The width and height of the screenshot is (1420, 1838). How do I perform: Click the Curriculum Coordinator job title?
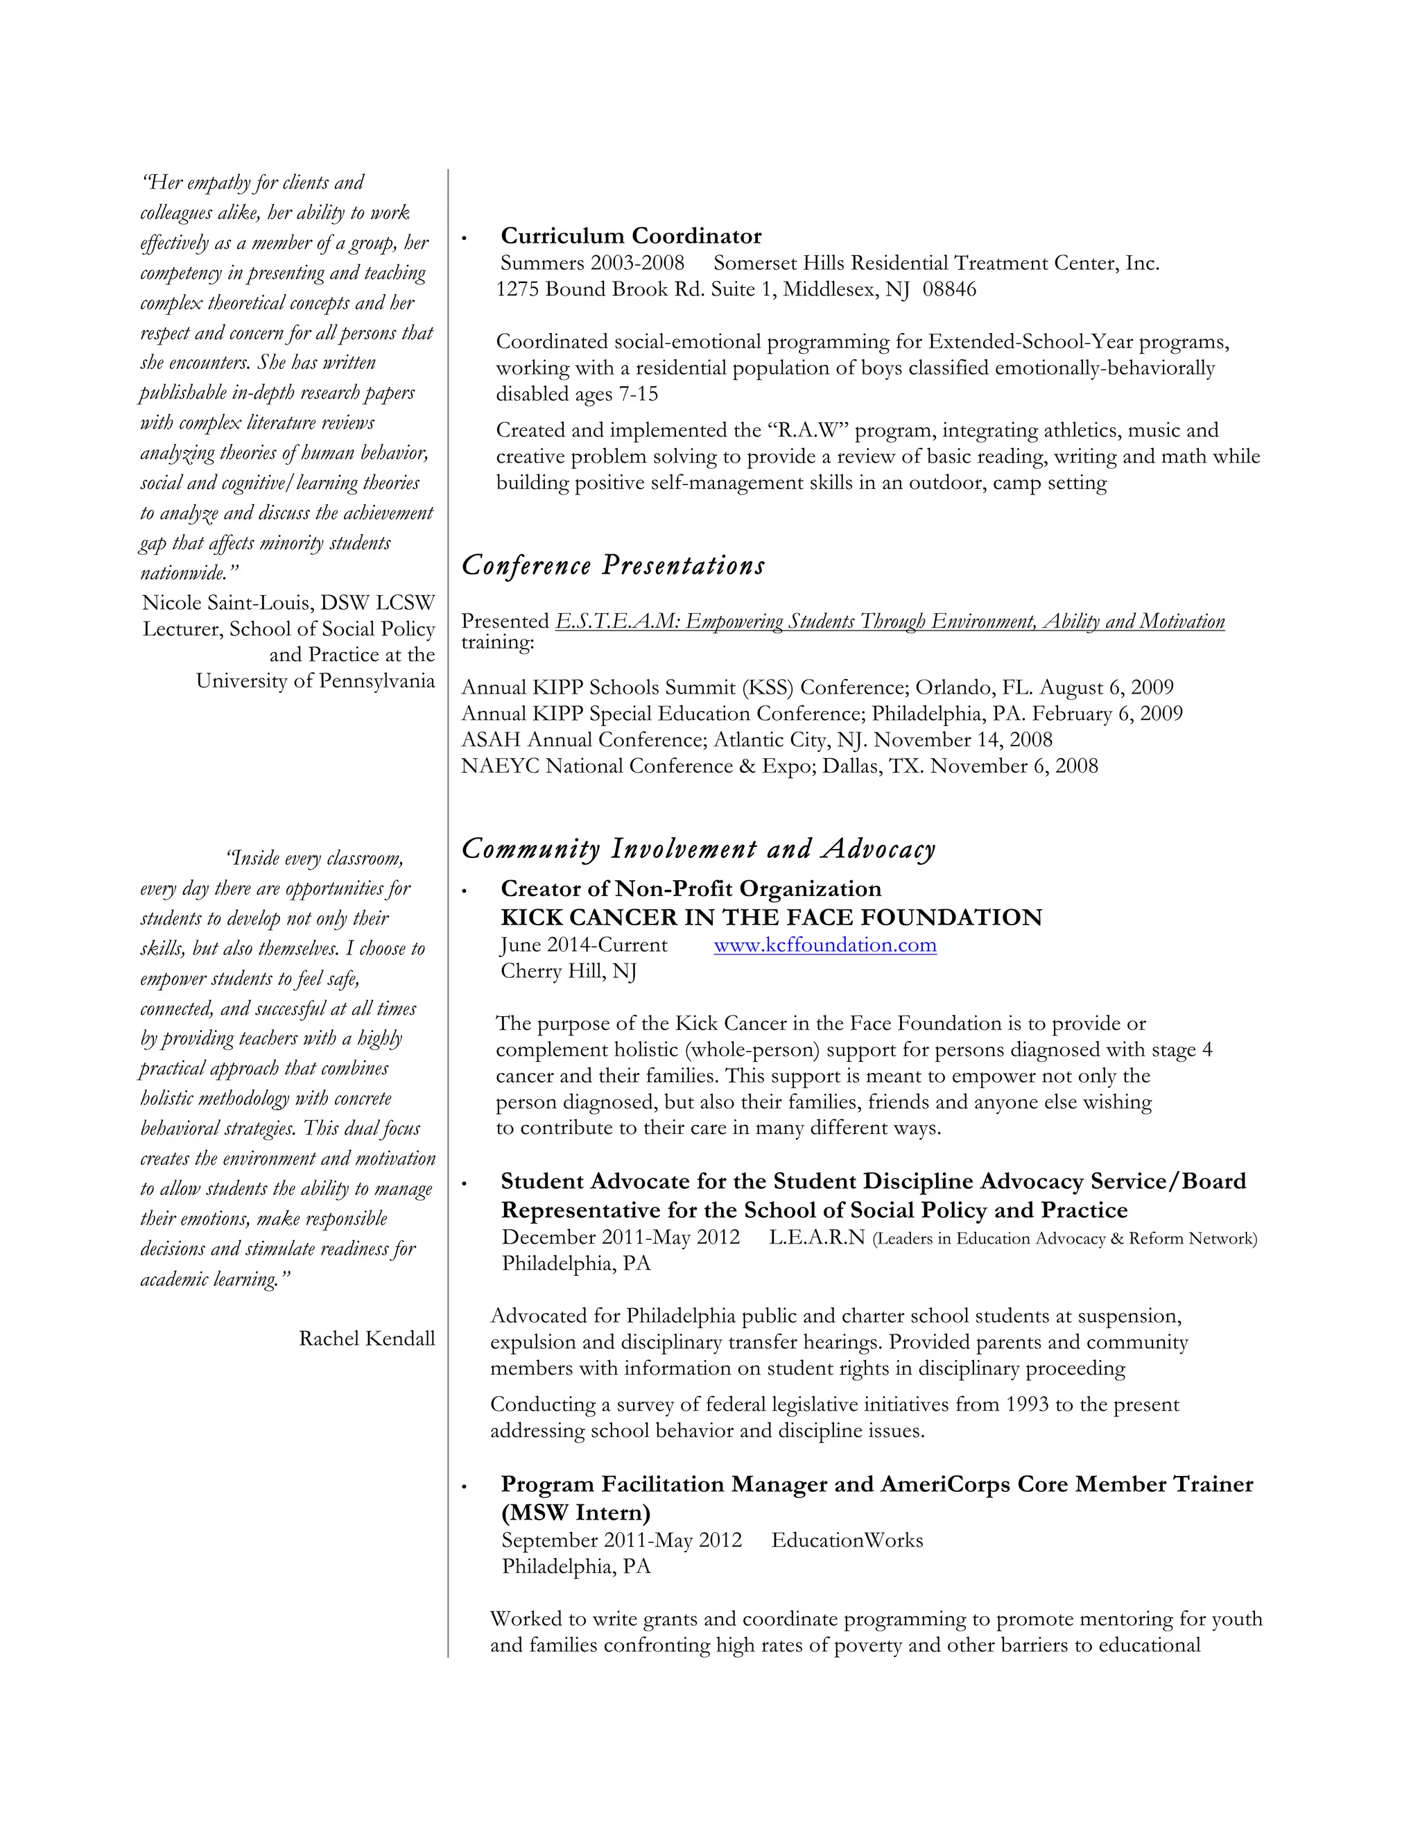click(631, 236)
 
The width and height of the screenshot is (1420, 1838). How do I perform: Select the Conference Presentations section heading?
click(612, 565)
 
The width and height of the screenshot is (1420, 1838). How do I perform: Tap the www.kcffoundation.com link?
click(824, 945)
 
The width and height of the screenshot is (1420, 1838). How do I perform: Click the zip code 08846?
click(949, 289)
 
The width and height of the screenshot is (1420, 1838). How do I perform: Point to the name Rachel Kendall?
click(367, 1339)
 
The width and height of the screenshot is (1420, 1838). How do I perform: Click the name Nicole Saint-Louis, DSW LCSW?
click(288, 603)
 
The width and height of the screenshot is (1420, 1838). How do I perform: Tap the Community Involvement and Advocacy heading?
click(698, 849)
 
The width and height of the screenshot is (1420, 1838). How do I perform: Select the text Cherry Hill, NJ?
click(568, 971)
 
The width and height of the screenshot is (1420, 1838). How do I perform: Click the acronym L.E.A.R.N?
click(816, 1237)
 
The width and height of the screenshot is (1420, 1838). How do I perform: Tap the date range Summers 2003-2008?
click(592, 264)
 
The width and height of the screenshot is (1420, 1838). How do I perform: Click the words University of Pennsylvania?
click(315, 681)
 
